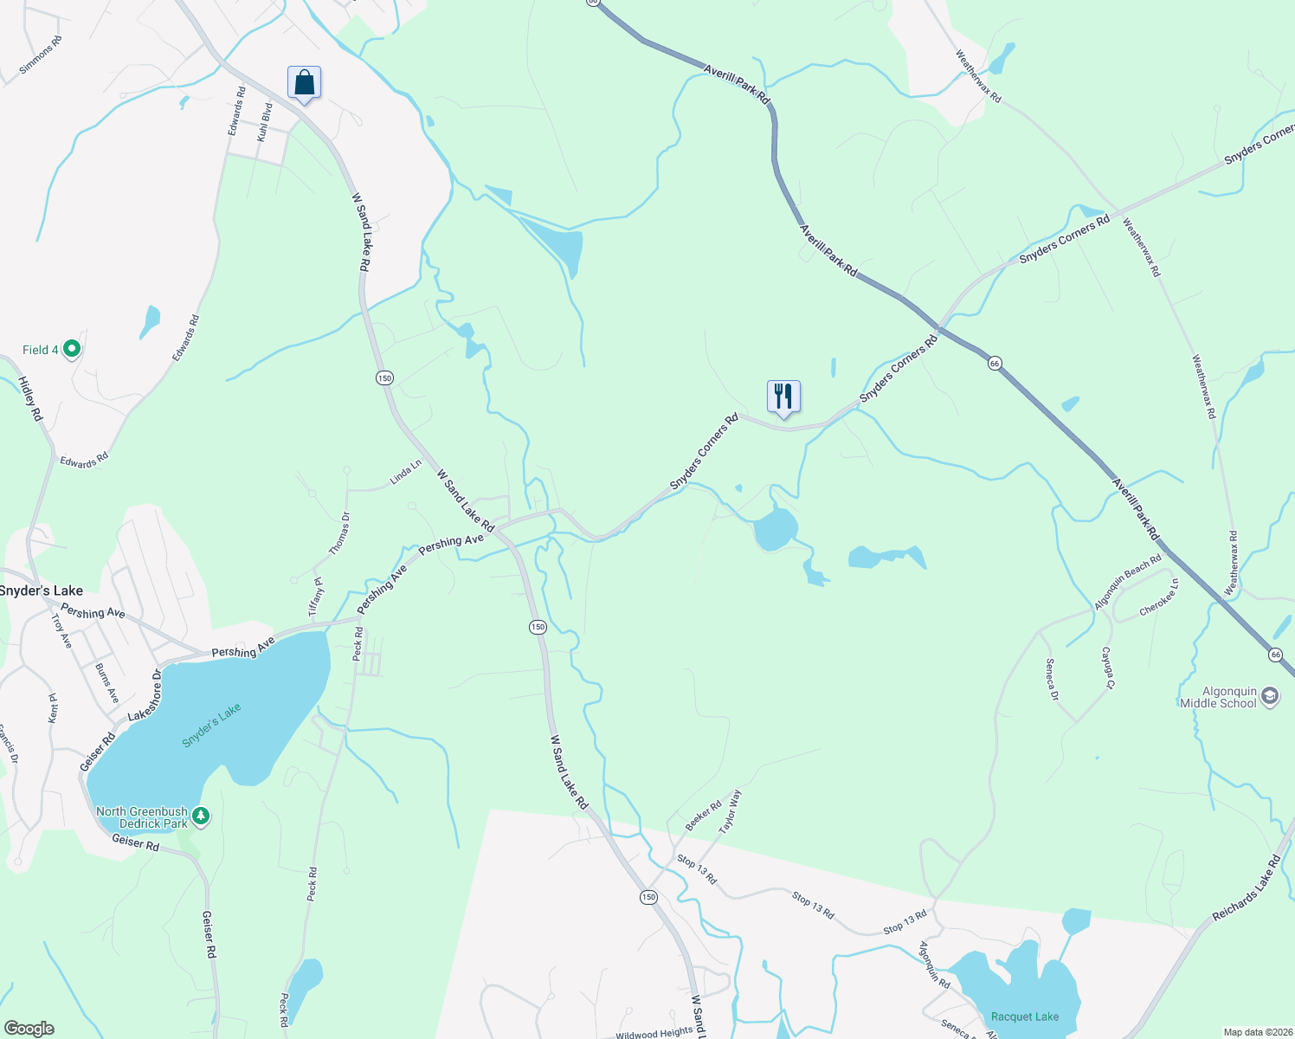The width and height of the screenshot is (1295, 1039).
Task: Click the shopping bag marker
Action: [x=304, y=83]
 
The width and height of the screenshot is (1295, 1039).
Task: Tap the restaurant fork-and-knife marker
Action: [x=783, y=397]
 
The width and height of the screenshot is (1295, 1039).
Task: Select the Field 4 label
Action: [x=41, y=350]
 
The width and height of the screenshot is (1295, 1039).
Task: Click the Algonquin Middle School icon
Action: [x=1270, y=695]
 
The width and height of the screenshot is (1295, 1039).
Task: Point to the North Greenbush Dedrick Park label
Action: [x=142, y=817]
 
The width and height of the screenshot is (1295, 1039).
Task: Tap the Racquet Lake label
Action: [x=1025, y=1016]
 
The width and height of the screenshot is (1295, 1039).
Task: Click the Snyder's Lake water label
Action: [x=211, y=726]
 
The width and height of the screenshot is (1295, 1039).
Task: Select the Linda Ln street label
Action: [x=405, y=472]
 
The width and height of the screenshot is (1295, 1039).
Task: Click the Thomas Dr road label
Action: [x=339, y=533]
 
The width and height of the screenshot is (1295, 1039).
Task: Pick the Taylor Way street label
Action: [x=731, y=811]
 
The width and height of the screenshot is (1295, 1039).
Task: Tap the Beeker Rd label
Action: [x=703, y=816]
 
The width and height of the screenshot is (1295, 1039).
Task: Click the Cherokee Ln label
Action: [x=1159, y=597]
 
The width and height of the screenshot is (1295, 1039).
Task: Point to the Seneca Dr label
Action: [x=1052, y=680]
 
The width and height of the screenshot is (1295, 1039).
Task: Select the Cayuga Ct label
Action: [x=1107, y=668]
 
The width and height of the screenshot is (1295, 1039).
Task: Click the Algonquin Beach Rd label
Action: [x=1128, y=582]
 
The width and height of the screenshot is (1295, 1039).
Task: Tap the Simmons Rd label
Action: [x=41, y=55]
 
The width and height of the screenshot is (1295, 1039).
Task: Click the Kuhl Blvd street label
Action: [x=265, y=122]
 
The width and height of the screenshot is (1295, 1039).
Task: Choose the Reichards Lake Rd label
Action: [x=1246, y=888]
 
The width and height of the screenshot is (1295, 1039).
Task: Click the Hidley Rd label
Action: [x=30, y=398]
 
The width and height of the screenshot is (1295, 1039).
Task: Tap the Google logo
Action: [x=29, y=1029]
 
